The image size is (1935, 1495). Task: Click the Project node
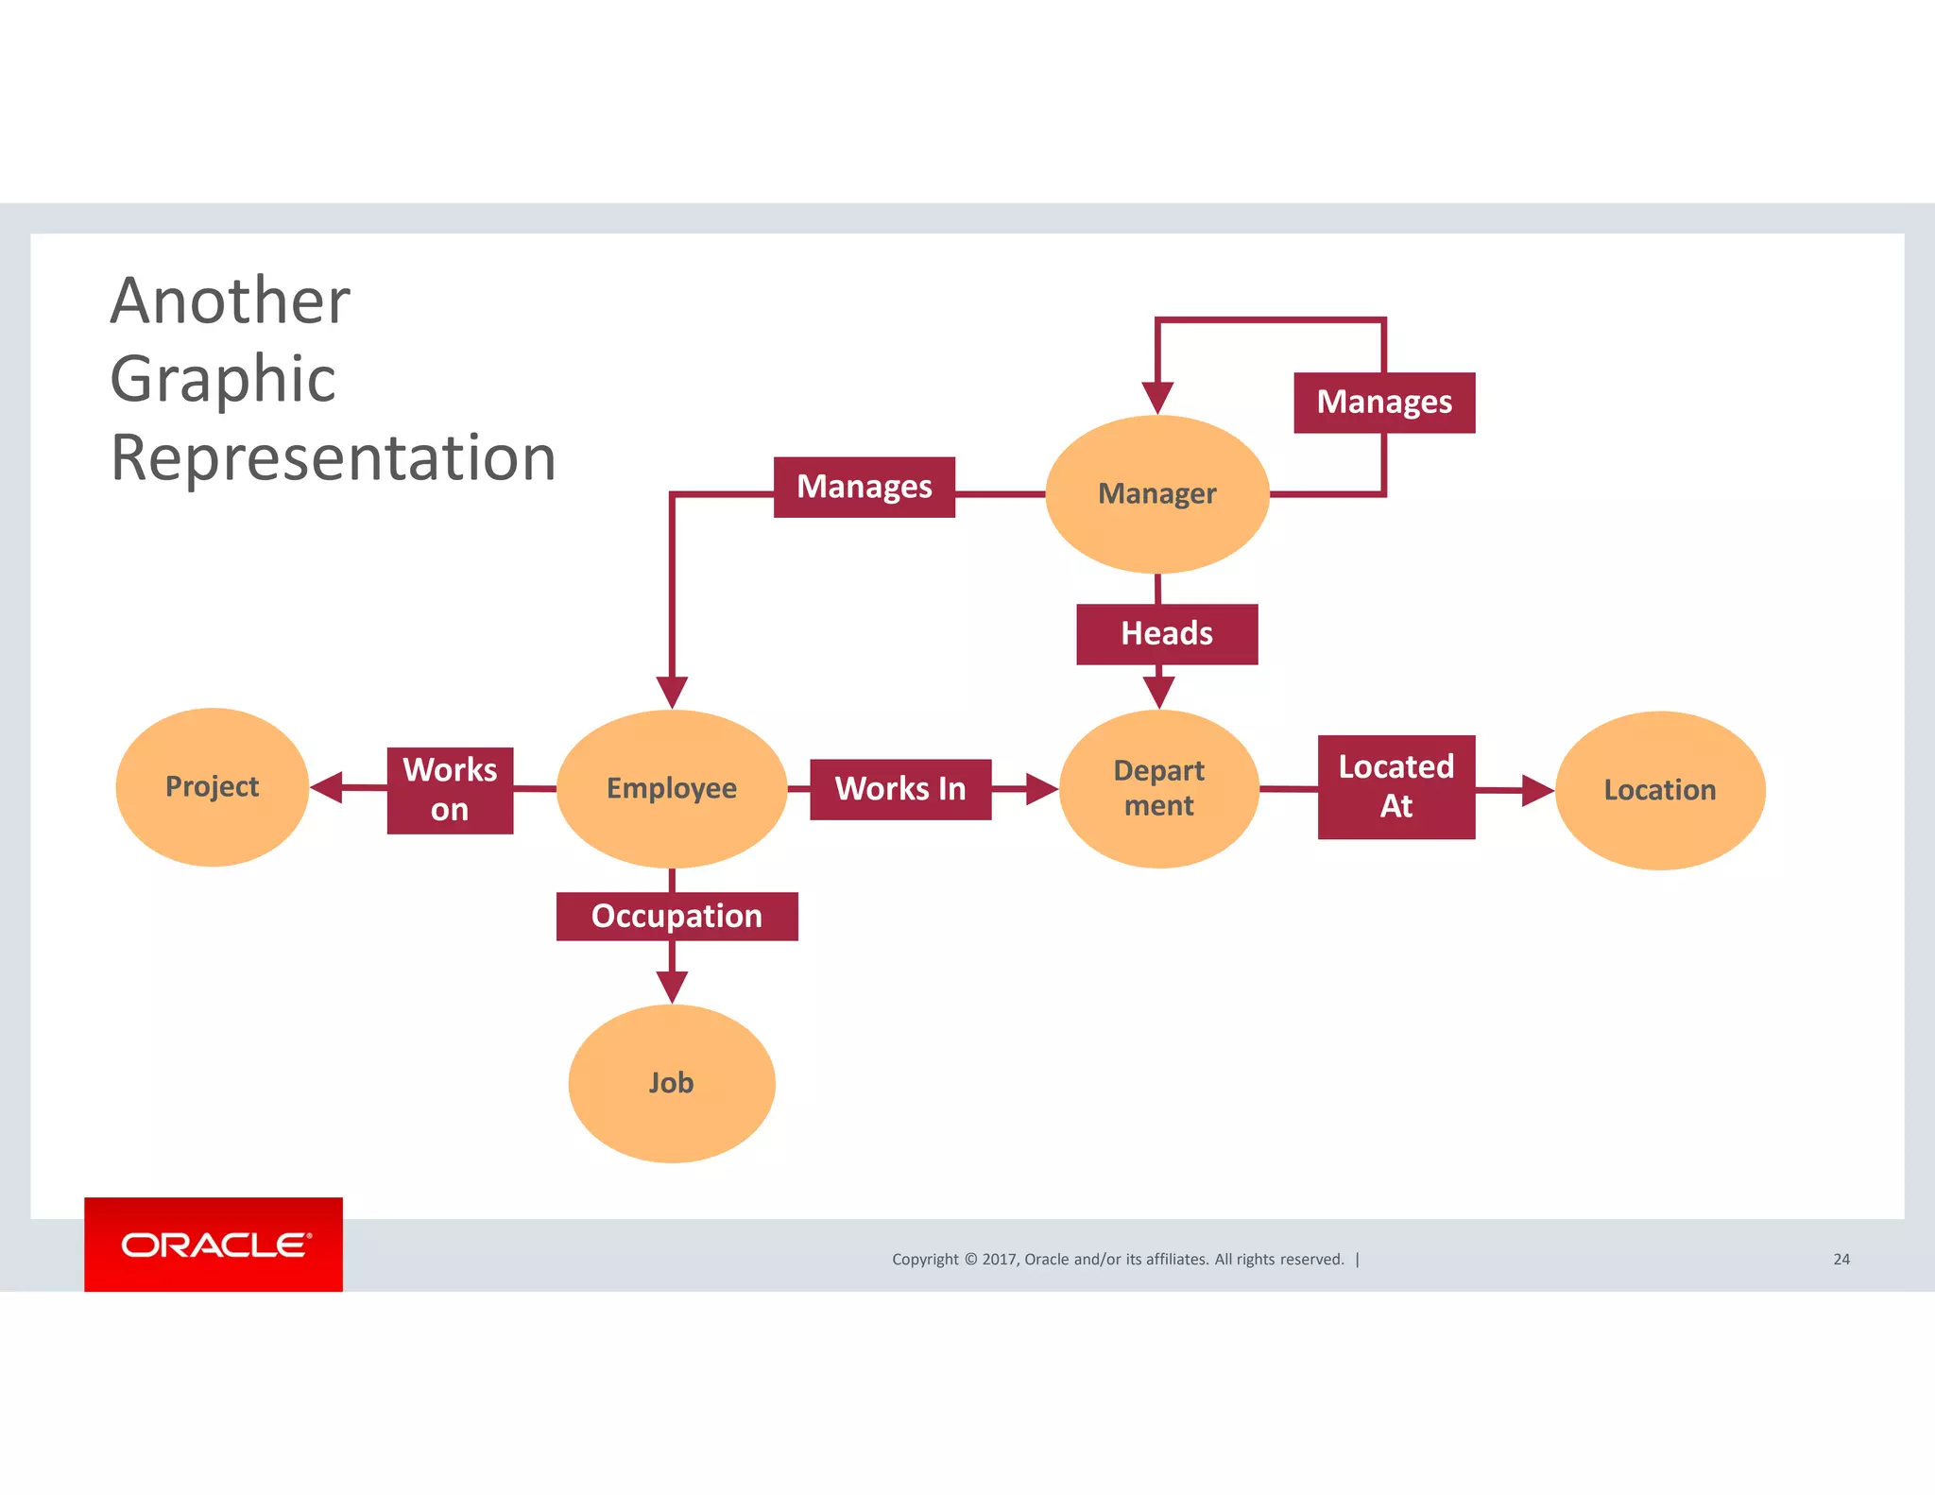[x=213, y=787]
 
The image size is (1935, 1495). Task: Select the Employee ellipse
[x=672, y=789]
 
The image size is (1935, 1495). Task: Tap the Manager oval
[x=1157, y=494]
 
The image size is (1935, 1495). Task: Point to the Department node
[x=1159, y=789]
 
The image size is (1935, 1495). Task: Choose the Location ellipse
[x=1660, y=790]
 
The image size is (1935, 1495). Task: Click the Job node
[x=672, y=1083]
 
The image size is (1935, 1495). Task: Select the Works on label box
[x=450, y=790]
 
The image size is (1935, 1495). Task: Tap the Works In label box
[x=900, y=789]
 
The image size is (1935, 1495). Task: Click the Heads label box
[x=1167, y=634]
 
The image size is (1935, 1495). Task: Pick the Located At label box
[x=1396, y=787]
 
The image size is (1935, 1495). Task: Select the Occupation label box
[x=676, y=917]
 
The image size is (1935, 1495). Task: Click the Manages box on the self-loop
[x=1384, y=403]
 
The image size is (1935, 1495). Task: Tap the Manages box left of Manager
[x=864, y=488]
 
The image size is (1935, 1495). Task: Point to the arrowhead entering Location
[x=1537, y=790]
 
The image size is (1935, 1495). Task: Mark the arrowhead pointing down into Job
[x=672, y=987]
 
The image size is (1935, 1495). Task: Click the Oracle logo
[x=214, y=1245]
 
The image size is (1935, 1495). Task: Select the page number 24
[x=1841, y=1259]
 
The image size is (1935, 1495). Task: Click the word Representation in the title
[x=333, y=458]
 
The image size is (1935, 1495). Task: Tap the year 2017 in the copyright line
[x=999, y=1259]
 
